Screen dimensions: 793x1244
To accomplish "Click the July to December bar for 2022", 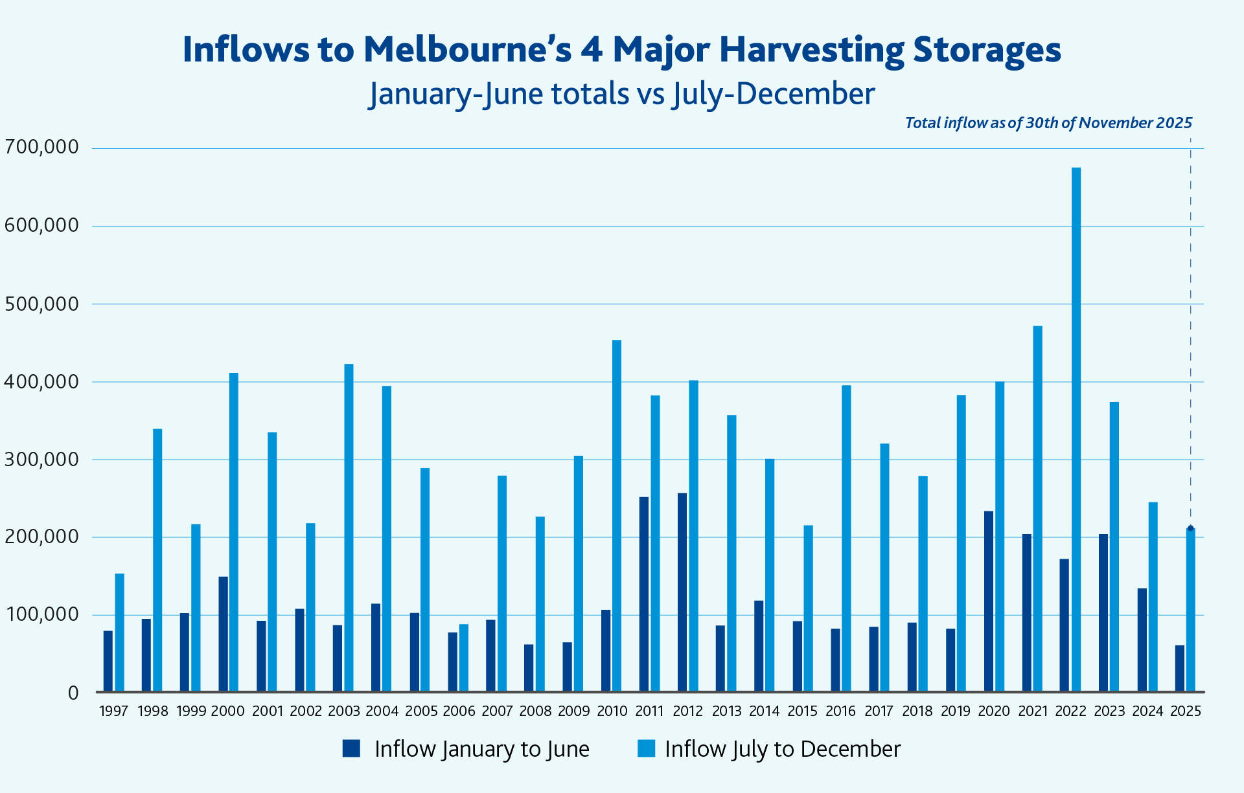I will click(1076, 430).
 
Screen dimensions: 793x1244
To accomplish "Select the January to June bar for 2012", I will click(682, 592).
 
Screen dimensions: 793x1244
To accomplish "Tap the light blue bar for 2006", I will click(464, 658).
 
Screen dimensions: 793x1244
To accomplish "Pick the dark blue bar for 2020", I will click(988, 601).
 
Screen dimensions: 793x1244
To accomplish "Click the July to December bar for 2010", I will click(617, 516).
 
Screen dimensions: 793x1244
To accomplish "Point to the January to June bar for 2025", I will click(1179, 668).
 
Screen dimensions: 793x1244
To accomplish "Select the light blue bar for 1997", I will click(119, 632).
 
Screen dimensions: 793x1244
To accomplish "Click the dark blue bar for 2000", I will click(223, 634).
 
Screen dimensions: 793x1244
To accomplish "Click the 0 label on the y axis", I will click(73, 693).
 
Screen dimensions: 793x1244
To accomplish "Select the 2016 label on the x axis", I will click(840, 711).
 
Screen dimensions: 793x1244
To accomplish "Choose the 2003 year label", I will click(343, 711).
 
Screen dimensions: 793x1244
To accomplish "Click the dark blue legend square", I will click(351, 748).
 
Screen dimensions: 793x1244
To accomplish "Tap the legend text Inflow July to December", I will click(782, 749).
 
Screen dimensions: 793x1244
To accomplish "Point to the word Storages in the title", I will click(987, 50).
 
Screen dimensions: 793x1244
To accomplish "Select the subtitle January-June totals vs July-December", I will click(621, 94).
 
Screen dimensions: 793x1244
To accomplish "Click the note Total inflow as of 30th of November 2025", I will click(1048, 123).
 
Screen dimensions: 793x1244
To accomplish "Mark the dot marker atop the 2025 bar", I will click(1190, 528).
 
